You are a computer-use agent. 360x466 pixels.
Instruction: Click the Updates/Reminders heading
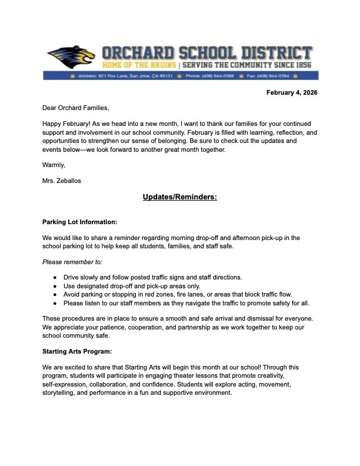(x=179, y=197)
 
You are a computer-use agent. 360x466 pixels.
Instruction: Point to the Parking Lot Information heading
(x=80, y=222)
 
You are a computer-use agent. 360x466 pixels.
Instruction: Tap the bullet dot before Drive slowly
(x=55, y=277)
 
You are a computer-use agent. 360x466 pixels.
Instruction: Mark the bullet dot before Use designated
(x=55, y=286)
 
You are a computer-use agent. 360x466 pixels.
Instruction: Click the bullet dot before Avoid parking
(x=55, y=294)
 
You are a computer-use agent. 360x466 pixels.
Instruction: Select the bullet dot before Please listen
(x=55, y=303)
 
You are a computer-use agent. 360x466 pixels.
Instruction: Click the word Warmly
(x=54, y=165)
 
